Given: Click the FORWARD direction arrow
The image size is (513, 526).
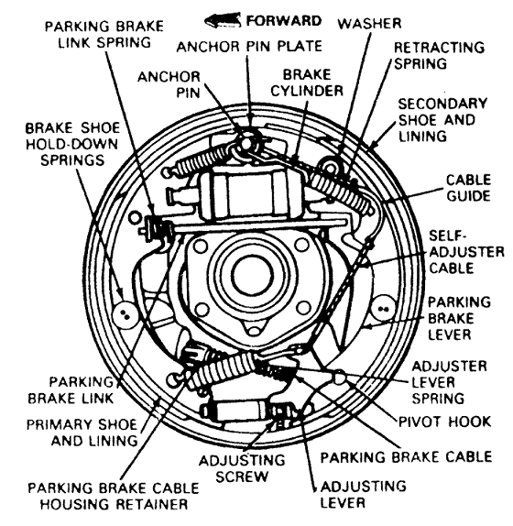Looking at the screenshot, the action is [223, 20].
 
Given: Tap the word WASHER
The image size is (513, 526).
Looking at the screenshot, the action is [369, 24].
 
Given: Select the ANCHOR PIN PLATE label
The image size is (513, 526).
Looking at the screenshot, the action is [249, 47].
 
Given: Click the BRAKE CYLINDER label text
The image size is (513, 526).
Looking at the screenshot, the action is [307, 82].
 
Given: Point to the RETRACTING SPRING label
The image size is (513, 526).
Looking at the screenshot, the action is [439, 55].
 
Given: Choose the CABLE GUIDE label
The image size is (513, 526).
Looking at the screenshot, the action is [468, 188].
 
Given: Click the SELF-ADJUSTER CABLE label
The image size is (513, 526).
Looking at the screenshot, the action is [466, 252].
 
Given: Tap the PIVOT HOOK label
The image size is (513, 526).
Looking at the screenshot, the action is [444, 422].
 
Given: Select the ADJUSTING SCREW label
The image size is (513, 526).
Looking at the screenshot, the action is [242, 468].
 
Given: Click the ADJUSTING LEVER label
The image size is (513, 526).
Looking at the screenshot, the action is [363, 495].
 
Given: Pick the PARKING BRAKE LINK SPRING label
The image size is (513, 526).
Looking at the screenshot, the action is [104, 35].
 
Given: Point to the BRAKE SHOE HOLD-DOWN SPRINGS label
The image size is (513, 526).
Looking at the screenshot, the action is [72, 144].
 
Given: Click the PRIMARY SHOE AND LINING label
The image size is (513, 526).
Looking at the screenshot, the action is [82, 433].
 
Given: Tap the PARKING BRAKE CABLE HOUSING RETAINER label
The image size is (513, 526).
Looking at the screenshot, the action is [114, 496].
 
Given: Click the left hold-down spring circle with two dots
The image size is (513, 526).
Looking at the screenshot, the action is [125, 314].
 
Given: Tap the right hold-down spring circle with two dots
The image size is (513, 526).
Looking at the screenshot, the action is [383, 308].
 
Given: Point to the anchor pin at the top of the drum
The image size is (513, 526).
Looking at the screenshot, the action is [246, 144].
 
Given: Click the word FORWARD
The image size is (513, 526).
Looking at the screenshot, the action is [284, 21].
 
